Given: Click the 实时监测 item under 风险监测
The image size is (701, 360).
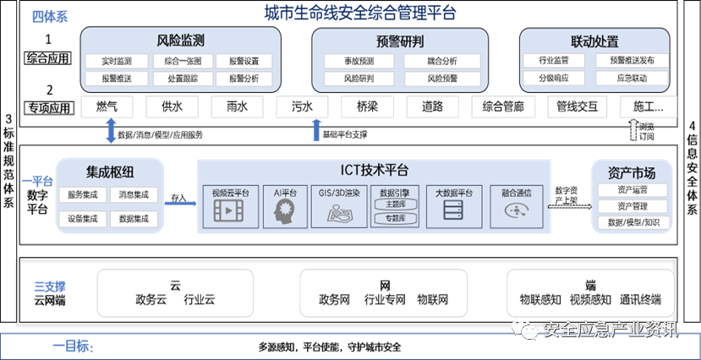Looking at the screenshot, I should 116,61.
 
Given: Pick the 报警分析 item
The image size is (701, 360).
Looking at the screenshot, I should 244,79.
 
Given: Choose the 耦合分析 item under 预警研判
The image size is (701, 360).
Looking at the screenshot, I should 443,61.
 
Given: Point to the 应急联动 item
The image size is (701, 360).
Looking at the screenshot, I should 632,79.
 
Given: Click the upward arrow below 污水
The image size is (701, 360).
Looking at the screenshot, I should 316,130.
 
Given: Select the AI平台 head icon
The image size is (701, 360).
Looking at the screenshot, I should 282,212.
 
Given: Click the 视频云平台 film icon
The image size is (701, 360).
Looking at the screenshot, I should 227,212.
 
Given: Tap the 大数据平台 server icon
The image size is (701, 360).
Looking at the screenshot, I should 453,212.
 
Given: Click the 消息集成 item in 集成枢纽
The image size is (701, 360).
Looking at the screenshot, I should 134,195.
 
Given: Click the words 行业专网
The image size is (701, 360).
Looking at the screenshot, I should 385,300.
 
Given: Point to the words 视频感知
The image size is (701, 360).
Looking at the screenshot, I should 589,300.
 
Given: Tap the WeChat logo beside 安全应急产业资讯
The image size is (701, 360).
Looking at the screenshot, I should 528,329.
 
